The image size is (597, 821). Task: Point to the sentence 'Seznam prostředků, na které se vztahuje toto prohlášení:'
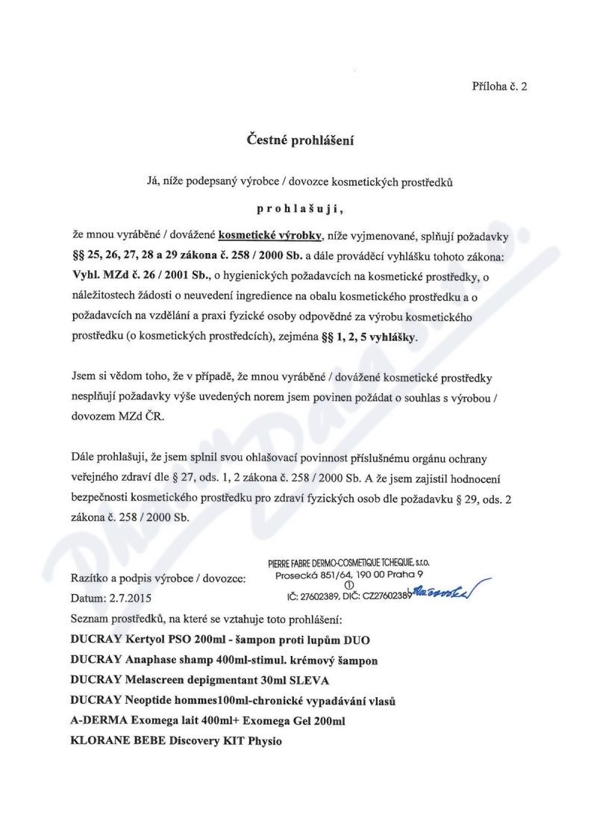(x=203, y=620)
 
